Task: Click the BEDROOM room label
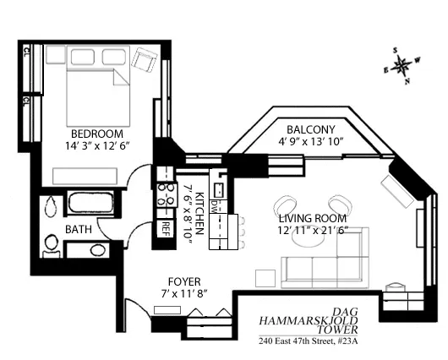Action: click(97, 134)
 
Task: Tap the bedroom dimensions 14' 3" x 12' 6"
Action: click(97, 147)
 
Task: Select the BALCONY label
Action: click(312, 129)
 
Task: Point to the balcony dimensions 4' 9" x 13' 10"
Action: click(312, 142)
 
